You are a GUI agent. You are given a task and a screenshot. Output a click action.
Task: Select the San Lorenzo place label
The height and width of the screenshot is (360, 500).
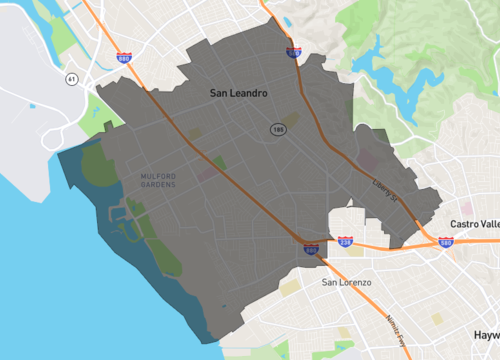[x=346, y=282]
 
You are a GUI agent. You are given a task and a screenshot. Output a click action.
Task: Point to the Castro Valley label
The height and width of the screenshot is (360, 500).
[x=474, y=224]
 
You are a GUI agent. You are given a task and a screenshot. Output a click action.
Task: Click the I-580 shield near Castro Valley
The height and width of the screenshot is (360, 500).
[x=445, y=242]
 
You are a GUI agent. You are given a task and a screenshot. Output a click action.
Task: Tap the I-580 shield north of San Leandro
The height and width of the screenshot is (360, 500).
[x=294, y=54]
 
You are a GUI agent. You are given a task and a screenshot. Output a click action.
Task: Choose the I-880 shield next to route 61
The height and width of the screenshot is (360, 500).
[x=125, y=60]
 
